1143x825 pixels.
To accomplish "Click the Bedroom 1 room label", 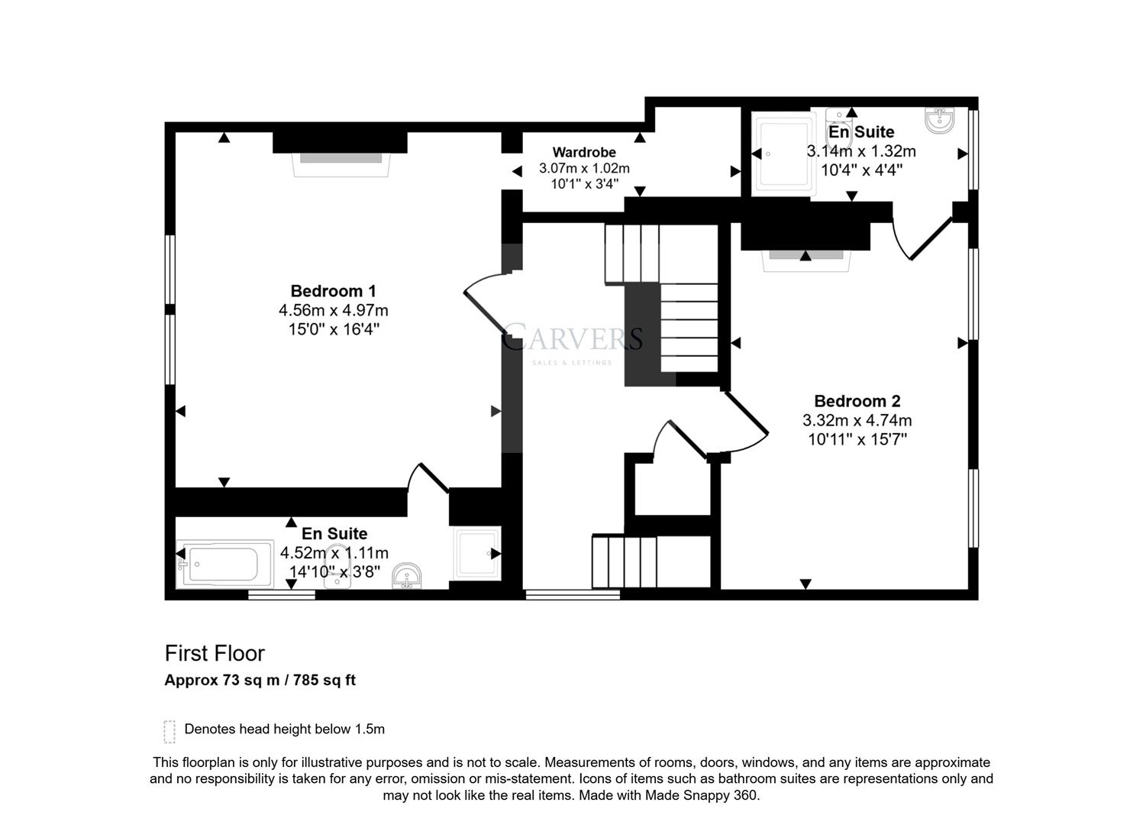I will click(333, 291).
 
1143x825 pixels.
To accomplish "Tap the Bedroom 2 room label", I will click(857, 401).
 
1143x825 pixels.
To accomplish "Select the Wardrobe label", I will click(584, 152).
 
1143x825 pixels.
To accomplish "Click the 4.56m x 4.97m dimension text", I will click(333, 311).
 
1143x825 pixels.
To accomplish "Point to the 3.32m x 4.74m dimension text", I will click(857, 420).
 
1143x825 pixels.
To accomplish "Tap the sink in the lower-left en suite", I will click(407, 577).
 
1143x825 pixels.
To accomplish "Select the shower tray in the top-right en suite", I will click(783, 154).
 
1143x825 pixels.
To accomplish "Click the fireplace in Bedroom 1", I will click(341, 159).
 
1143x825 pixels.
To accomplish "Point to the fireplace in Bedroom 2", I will click(805, 257).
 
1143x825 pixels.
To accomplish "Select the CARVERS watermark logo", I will click(572, 338).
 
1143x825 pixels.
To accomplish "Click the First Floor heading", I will click(215, 654).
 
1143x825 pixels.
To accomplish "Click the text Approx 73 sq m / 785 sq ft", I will click(260, 680).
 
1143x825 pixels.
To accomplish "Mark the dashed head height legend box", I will click(170, 731).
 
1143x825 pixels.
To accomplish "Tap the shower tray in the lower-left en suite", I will click(477, 553).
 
